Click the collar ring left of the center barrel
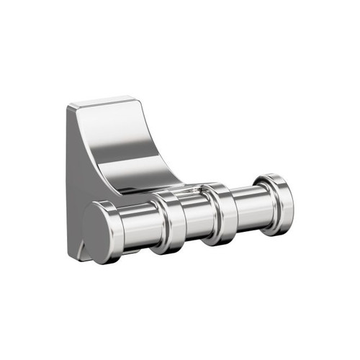coord(170,222)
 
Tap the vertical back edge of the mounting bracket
coord(69,180)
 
